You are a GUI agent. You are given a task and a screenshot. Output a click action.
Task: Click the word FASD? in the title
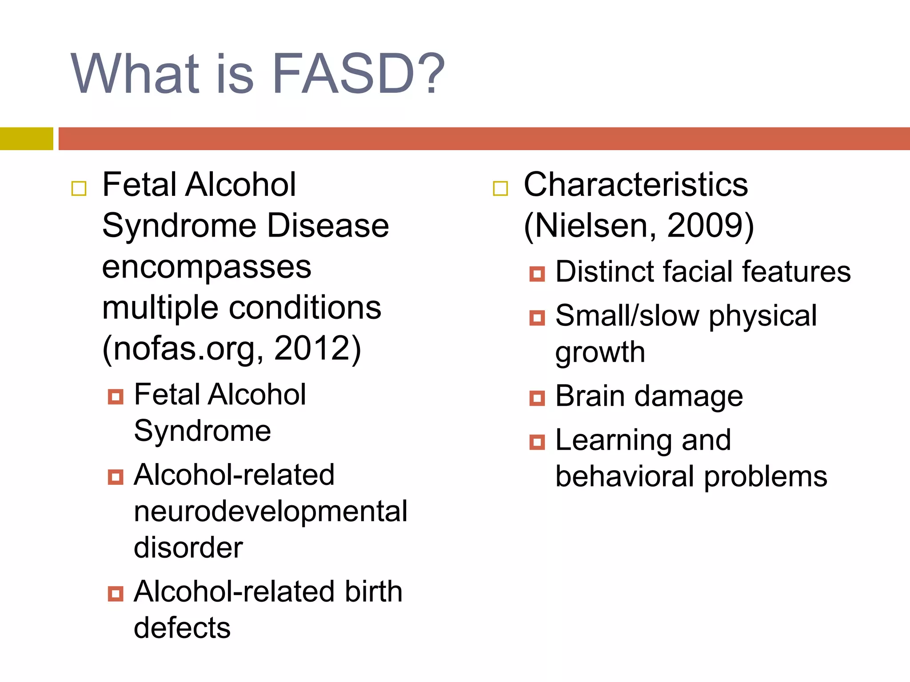point(358,74)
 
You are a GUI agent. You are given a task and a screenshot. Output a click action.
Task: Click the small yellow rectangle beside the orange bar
point(26,139)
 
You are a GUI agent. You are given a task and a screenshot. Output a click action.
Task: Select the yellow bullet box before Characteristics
point(500,188)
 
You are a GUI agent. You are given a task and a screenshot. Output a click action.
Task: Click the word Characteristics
point(635,185)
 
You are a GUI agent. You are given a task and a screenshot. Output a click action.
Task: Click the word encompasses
point(207,267)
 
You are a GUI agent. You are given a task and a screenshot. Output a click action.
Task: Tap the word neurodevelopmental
point(270,511)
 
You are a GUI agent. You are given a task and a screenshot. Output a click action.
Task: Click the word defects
point(182,628)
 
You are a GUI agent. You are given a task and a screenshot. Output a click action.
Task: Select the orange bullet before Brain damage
point(537,398)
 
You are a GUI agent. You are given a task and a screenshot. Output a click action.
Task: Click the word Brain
point(590,396)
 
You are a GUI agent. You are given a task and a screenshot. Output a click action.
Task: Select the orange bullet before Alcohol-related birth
point(116,594)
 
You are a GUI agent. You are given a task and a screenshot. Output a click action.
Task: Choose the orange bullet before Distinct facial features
point(537,274)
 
